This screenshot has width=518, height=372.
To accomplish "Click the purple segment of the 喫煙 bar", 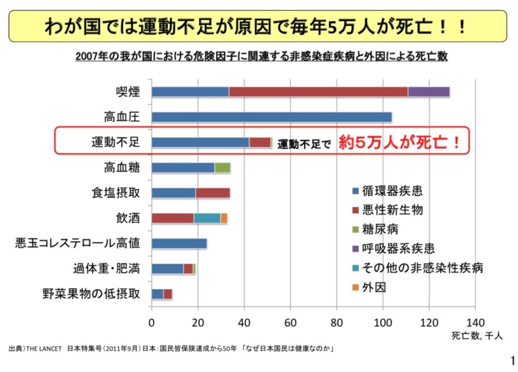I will click(x=428, y=92).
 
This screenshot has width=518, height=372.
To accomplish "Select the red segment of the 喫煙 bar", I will click(x=318, y=92).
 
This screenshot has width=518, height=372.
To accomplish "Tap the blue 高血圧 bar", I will click(x=271, y=117).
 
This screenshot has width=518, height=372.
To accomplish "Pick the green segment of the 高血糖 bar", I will click(x=223, y=168).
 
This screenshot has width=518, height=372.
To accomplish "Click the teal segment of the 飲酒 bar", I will click(x=207, y=218).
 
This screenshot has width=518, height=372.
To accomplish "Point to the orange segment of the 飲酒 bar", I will click(x=224, y=218).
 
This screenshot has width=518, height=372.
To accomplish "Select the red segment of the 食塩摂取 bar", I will click(x=212, y=193).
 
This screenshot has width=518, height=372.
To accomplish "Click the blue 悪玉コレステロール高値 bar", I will click(x=179, y=243).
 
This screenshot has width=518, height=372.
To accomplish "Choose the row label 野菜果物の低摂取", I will click(x=91, y=294).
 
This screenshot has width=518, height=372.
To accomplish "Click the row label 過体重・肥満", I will click(x=106, y=268).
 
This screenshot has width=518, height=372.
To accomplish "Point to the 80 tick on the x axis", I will click(x=336, y=323).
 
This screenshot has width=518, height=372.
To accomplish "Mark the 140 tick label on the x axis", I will click(x=475, y=323).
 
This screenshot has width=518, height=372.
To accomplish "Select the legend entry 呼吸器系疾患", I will click(x=398, y=249).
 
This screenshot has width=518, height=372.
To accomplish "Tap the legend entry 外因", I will click(x=374, y=287).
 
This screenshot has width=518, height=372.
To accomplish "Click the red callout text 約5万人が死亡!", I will click(x=400, y=142).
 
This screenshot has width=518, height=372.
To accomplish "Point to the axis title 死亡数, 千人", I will click(x=477, y=336).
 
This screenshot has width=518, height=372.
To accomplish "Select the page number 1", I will click(x=511, y=360).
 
